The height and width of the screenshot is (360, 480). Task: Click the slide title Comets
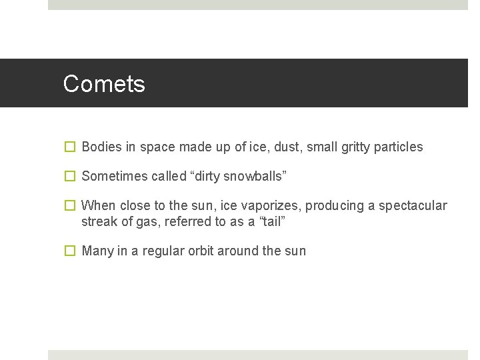click(104, 84)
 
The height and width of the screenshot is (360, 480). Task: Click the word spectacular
click(413, 205)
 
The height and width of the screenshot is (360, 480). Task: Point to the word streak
click(99, 221)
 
